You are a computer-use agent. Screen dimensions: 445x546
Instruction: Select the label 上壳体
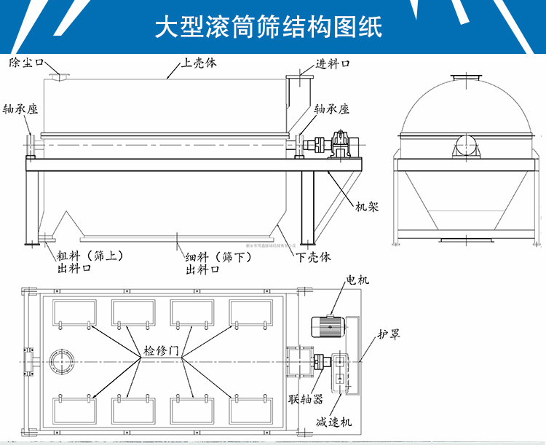tap(199, 63)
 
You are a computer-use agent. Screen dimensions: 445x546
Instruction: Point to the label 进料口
tap(333, 64)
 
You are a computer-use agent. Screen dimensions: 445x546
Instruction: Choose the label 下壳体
tap(314, 257)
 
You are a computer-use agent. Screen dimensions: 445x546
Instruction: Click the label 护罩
tap(388, 335)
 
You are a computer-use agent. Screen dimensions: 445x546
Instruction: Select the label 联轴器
tap(304, 398)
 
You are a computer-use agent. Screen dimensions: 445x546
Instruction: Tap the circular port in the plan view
tap(60, 362)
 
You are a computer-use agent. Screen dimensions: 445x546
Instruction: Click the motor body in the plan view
tap(325, 327)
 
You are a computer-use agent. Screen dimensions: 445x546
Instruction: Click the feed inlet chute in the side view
tap(296, 98)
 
